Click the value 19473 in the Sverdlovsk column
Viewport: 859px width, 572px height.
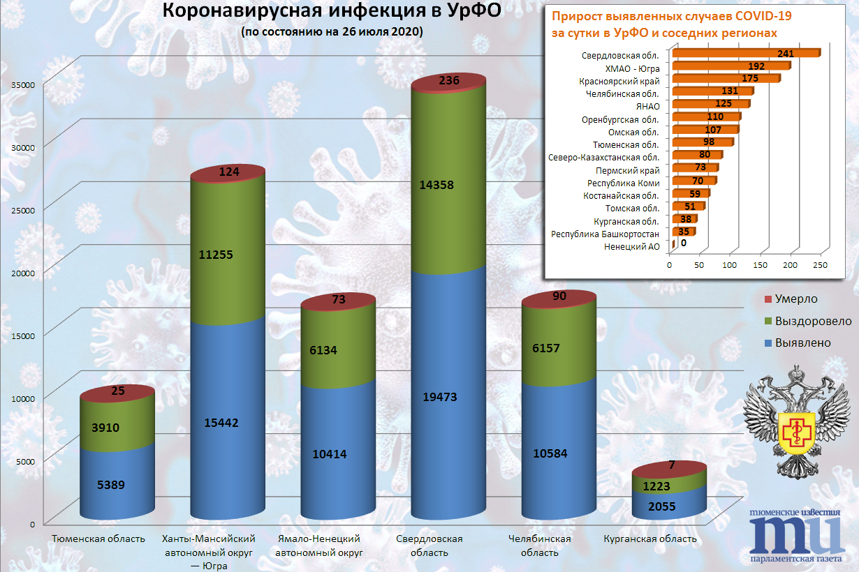449,397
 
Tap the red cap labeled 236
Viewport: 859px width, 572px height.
449,82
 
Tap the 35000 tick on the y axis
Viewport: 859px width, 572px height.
24,84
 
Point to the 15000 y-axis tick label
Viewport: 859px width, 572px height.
24,336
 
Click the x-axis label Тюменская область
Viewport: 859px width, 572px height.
99,539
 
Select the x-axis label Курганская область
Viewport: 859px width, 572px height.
650,539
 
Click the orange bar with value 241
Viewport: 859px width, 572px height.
744,53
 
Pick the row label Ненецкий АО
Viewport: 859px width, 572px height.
631,246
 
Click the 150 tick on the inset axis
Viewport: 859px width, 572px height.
760,265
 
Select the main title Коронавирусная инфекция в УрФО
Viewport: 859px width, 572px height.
332,12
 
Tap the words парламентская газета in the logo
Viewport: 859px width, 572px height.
795,559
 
